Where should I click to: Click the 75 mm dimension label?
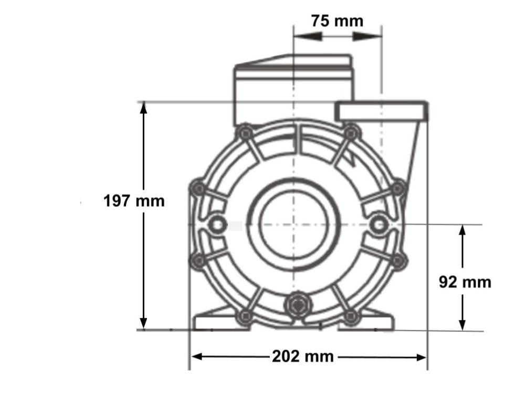point(337,21)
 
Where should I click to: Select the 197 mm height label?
point(134,201)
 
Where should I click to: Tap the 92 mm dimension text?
point(465,282)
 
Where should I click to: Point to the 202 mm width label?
point(302,356)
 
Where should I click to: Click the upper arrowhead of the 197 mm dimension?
point(144,108)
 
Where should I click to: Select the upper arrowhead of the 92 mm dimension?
point(462,231)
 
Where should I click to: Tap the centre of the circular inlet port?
point(294,224)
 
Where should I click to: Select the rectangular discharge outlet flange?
point(381,111)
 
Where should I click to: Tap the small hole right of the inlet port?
point(378,225)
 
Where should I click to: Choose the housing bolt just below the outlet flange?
point(351,133)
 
